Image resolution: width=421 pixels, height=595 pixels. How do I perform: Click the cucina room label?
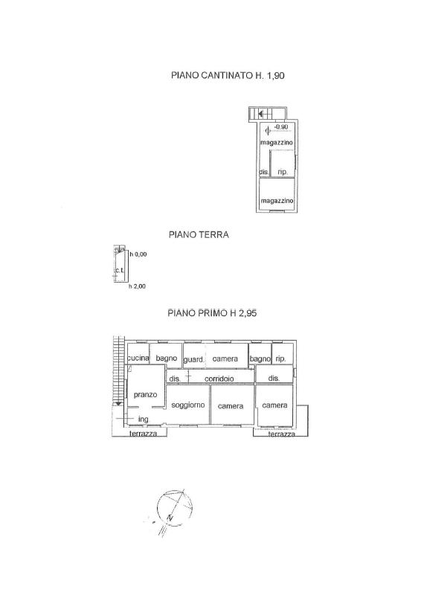tap(138, 358)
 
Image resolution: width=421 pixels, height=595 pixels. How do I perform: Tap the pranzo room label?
tap(145, 395)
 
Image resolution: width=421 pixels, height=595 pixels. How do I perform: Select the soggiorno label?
tap(188, 405)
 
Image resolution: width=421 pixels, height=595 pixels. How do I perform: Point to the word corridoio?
tap(219, 379)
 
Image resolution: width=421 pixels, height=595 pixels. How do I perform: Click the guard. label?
tap(194, 359)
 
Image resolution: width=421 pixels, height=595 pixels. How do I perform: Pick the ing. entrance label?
tap(144, 419)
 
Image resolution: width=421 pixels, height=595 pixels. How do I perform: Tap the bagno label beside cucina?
tap(167, 358)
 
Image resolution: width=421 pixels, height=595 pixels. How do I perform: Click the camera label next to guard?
tap(225, 358)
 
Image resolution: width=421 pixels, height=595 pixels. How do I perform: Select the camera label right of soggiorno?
tap(231, 406)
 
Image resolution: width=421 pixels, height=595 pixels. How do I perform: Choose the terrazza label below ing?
tap(143, 434)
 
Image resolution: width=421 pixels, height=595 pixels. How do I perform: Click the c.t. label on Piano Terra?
tap(119, 270)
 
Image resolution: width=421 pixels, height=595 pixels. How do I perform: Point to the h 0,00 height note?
tap(138, 254)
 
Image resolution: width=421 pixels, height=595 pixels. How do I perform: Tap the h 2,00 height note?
tap(137, 286)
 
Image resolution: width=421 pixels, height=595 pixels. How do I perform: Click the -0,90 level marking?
tap(281, 126)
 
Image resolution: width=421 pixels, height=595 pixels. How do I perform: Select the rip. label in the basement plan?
tap(283, 172)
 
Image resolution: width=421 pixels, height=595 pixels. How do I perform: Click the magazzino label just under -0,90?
tap(277, 143)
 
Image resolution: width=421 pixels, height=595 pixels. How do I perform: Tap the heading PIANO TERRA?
tap(199, 235)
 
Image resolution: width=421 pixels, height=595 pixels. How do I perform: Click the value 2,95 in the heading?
tap(248, 313)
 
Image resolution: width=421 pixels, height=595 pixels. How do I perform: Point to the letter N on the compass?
tap(170, 517)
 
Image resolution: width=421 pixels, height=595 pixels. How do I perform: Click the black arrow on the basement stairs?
tap(260, 113)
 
